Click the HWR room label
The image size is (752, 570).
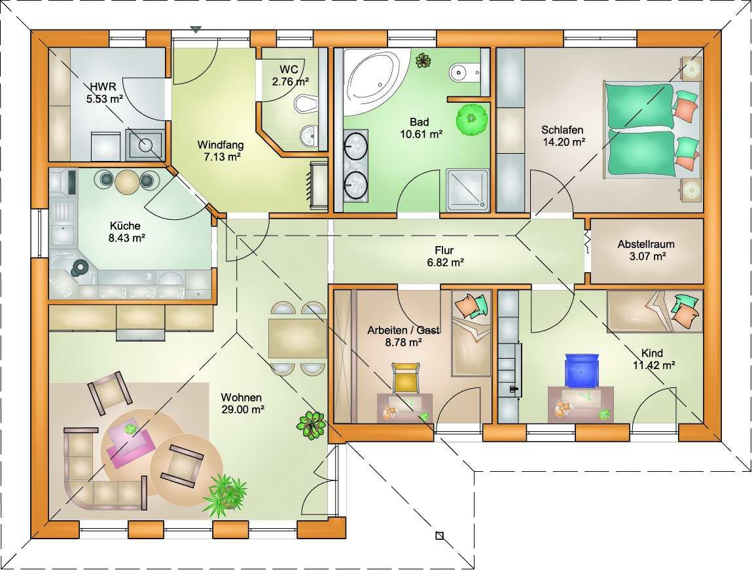pos(103,87)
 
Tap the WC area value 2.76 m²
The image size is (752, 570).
pos(290,82)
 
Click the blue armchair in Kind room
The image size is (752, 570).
pos(582,370)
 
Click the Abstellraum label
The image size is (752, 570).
pos(646,244)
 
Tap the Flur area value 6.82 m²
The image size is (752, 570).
pos(445,262)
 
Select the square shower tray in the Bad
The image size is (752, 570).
pos(467,190)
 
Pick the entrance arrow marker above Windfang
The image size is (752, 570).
pos(195,29)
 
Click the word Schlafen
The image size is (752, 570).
pos(562,130)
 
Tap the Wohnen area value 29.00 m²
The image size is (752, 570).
pos(243,410)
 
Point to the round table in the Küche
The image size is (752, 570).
pos(127,182)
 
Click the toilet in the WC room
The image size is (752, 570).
pos(305,103)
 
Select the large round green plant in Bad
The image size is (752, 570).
pos(471,117)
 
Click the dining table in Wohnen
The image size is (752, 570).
pos(297,338)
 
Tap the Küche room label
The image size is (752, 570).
pos(125,226)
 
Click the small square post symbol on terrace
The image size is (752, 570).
pos(440,535)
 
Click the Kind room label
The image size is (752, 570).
pos(653,353)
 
